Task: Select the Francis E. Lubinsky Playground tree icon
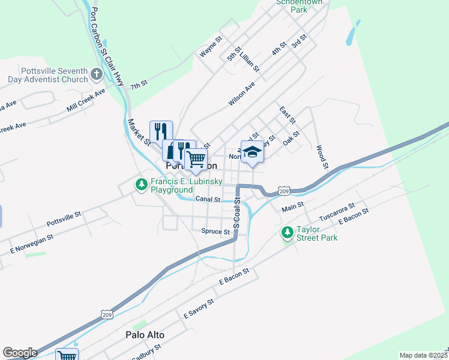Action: pos(141,185)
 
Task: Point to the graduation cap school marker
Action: pos(252,151)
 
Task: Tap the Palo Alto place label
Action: pos(145,335)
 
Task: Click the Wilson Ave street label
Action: pos(242,94)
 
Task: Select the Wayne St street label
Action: pos(211,47)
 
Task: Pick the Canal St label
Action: pos(209,199)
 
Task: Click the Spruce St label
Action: pos(215,231)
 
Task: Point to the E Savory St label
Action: pos(199,310)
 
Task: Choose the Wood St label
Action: pos(322,156)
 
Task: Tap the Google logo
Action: pos(19,353)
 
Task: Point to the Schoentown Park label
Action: pos(299,6)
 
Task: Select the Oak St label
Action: pos(291,138)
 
